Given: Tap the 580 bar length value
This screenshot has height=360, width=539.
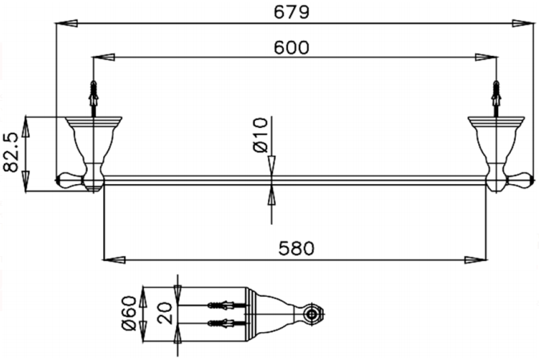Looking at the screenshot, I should pos(297,249).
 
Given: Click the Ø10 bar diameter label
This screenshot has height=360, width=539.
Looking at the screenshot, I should pos(258,137).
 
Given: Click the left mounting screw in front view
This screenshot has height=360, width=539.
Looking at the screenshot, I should pos(95,94).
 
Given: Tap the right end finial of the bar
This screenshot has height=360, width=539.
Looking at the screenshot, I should pos(523,178).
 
